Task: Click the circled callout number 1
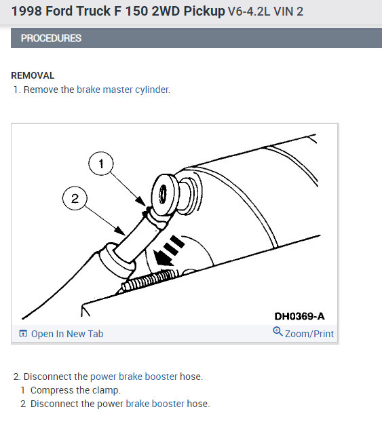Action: [x=101, y=164]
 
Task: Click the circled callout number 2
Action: [x=75, y=198]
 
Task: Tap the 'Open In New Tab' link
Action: [x=67, y=334]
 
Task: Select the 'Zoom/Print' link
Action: [x=309, y=334]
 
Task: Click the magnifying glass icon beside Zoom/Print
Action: [x=278, y=332]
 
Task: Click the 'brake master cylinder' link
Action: [x=123, y=90]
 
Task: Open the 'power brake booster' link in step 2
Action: [x=134, y=377]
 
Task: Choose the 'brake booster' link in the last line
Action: [x=155, y=404]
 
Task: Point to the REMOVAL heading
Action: [x=33, y=75]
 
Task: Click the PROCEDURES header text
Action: [x=51, y=38]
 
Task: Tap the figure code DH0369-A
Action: [x=299, y=316]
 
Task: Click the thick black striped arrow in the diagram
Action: [x=168, y=251]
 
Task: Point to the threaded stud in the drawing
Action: [x=150, y=280]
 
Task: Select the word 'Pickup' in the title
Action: [x=204, y=12]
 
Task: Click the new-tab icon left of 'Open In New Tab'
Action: [x=23, y=333]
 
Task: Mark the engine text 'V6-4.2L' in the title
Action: [x=249, y=12]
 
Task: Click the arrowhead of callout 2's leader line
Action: [x=120, y=231]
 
